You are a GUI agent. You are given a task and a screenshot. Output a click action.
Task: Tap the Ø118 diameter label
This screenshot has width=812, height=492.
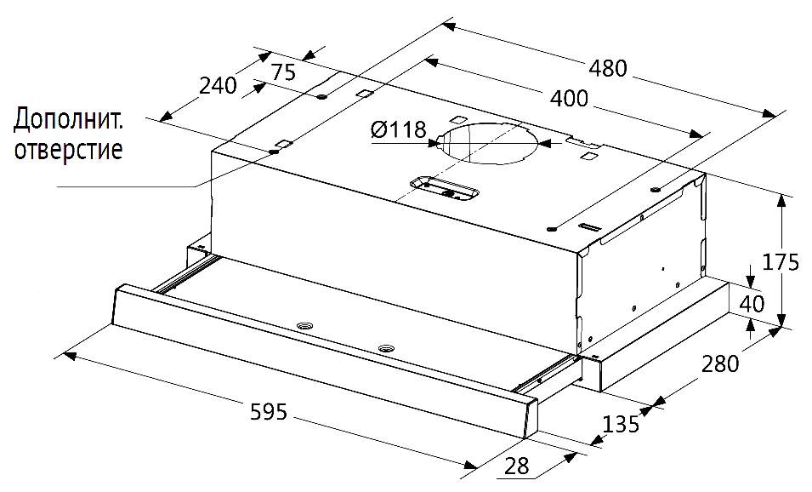(x=398, y=130)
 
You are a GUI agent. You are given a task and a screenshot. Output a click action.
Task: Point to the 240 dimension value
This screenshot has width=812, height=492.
(x=217, y=85)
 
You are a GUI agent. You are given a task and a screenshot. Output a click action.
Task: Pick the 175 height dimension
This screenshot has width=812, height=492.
(x=780, y=261)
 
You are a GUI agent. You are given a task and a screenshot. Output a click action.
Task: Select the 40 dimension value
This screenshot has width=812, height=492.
(x=752, y=303)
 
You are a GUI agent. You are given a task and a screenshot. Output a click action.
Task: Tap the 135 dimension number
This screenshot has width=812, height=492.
(x=621, y=424)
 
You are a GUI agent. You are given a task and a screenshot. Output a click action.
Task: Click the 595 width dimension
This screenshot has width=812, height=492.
(x=269, y=412)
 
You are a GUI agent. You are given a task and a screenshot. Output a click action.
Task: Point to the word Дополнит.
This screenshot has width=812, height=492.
(x=68, y=120)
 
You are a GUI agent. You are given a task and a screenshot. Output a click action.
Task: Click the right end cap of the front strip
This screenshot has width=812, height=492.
(x=529, y=419)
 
